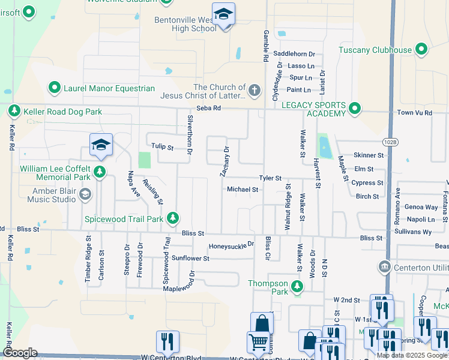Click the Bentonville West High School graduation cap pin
224,14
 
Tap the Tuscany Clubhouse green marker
421,50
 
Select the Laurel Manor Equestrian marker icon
55,88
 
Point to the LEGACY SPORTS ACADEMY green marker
355,109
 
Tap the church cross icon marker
255,91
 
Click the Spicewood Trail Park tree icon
173,217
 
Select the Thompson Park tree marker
297,287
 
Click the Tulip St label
162,146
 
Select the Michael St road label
243,190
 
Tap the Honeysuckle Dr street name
232,246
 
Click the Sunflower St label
190,259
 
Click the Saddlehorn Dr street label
294,54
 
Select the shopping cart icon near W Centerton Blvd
258,342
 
